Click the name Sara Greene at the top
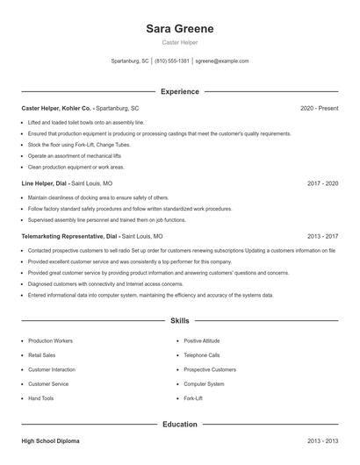[179, 29]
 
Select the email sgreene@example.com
[222, 61]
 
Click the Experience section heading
[179, 91]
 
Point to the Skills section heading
[179, 321]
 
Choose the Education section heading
[179, 425]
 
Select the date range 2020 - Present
[319, 108]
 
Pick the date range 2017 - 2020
[322, 184]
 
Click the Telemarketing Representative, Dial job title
[69, 236]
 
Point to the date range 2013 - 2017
[322, 236]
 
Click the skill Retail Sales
[42, 354]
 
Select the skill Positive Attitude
[202, 340]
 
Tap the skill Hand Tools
[40, 398]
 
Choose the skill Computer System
[204, 383]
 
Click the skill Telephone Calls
[202, 354]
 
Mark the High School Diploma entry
[51, 441]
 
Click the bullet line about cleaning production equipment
[76, 167]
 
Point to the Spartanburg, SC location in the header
[131, 61]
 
